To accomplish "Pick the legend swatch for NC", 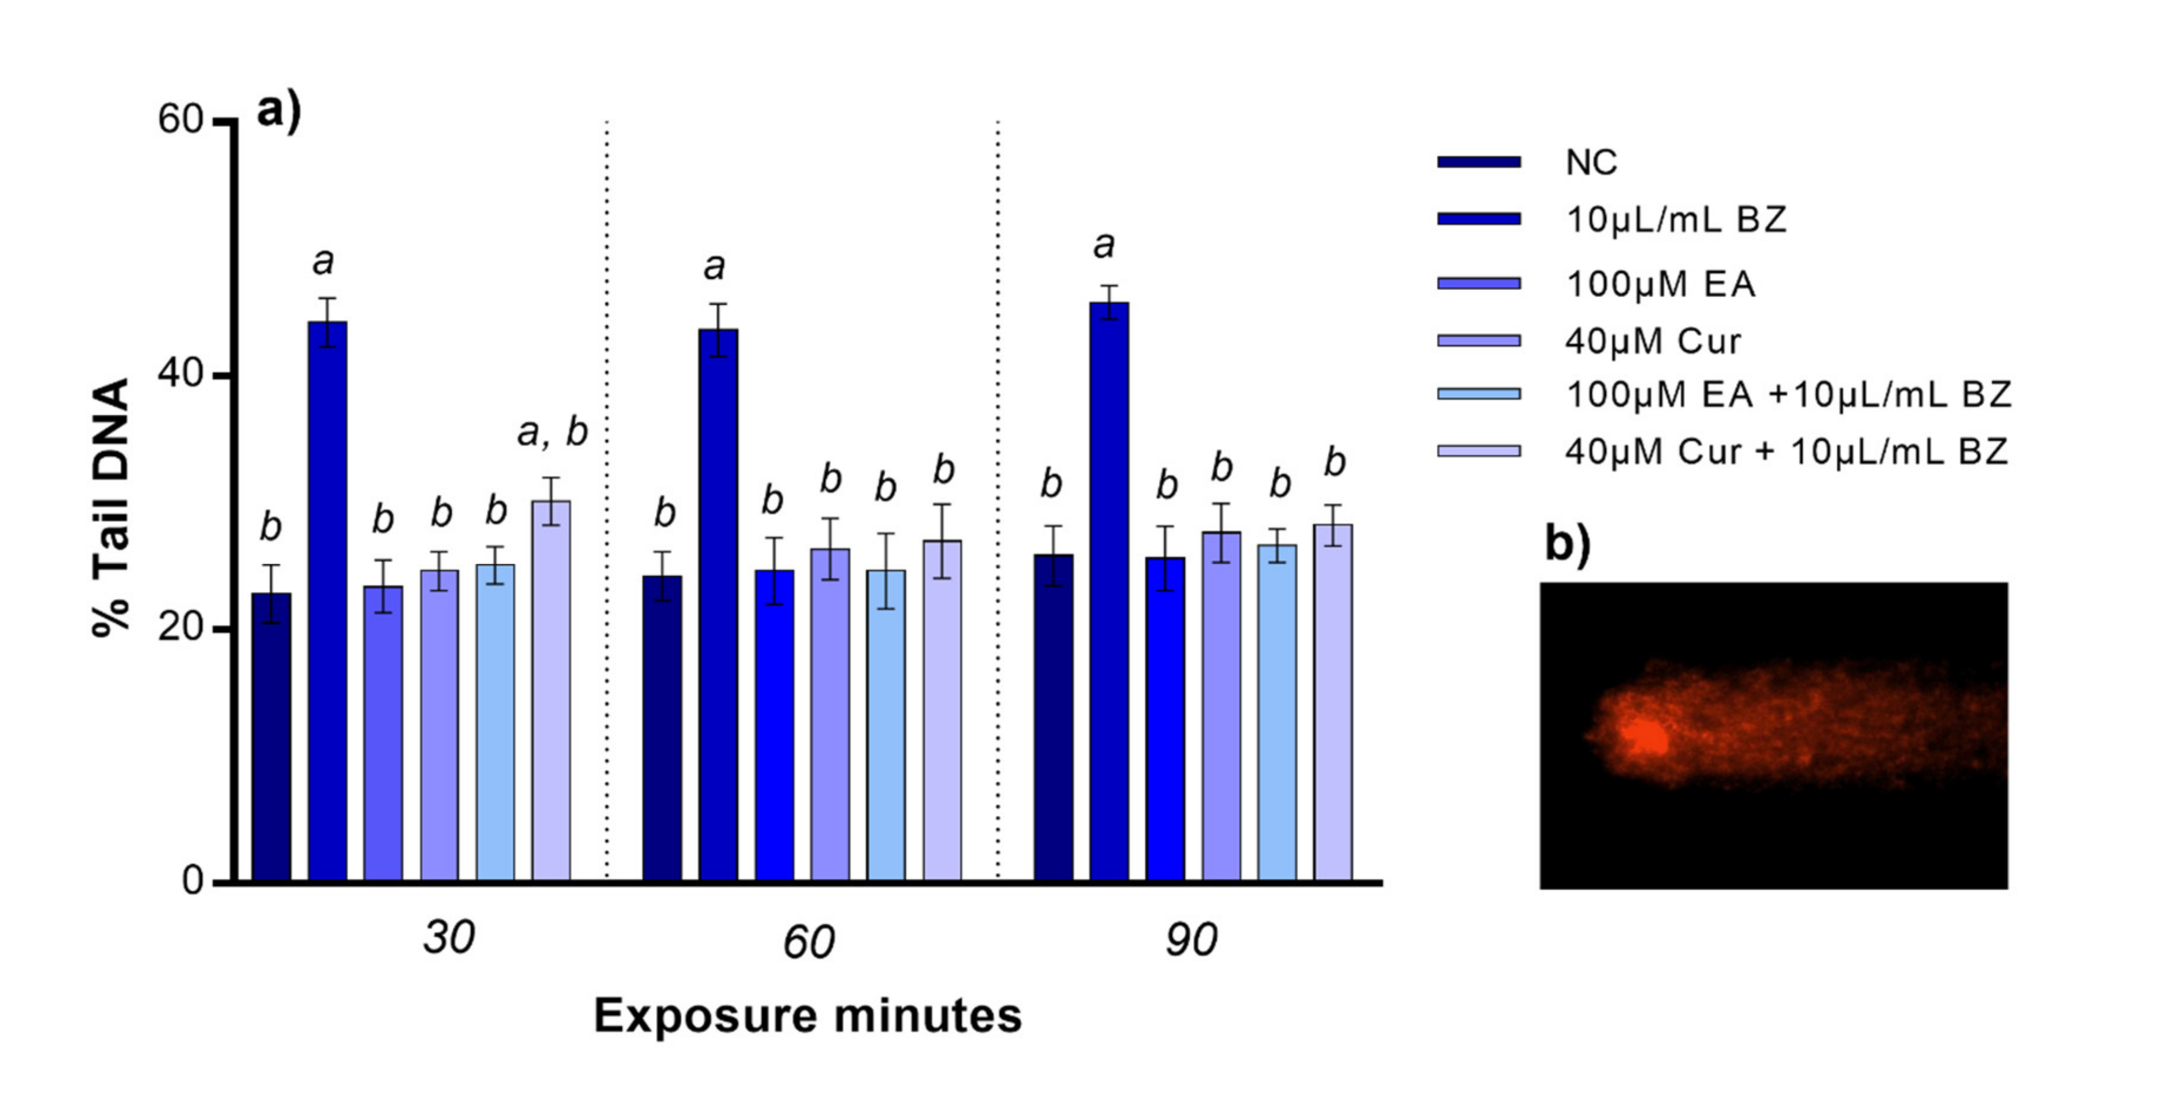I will point(1478,162).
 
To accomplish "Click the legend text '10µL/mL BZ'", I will point(1676,220).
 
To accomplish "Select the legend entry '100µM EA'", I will point(1660,285).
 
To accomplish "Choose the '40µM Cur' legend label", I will point(1653,341).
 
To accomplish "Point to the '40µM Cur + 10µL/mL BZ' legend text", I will point(1786,452).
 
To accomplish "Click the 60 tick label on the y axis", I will point(180,120).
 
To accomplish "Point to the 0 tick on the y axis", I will point(193,881).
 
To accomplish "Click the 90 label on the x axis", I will point(1191,940).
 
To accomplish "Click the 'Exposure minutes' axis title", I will point(807,1016).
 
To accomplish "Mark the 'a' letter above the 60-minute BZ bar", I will point(713,267).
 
